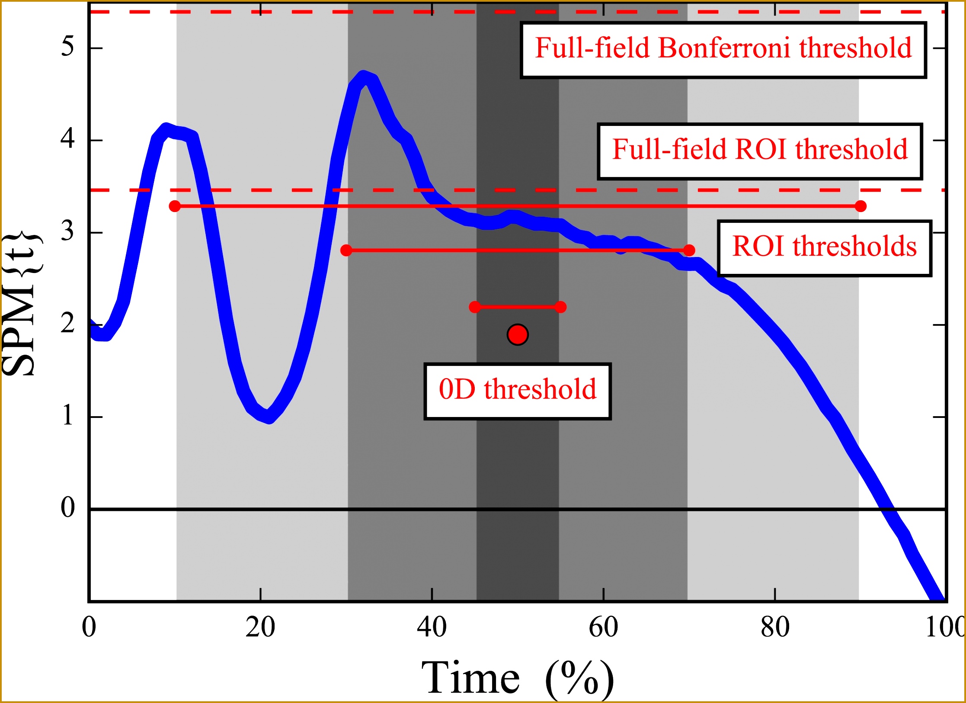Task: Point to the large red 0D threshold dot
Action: point(518,334)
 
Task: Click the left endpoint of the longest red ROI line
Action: point(175,206)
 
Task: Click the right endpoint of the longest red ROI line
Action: point(860,206)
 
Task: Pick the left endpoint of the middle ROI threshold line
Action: point(346,250)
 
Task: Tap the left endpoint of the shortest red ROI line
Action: point(475,307)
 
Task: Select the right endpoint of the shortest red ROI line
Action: point(560,307)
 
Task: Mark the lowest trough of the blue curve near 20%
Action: point(269,417)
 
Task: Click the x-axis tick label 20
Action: point(260,627)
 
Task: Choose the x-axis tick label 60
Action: point(603,627)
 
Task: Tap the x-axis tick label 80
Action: point(775,627)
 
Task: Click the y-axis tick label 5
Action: point(67,46)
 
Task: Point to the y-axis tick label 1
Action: point(67,416)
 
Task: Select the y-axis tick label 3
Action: point(67,231)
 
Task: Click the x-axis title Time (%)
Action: point(517,678)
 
